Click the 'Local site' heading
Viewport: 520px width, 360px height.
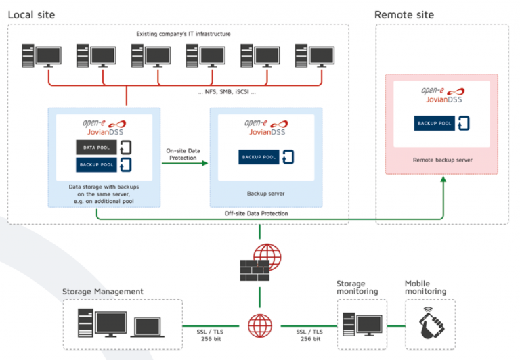click(x=31, y=14)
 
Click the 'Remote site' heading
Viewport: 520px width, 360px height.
click(x=404, y=14)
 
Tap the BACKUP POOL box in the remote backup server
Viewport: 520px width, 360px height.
click(x=435, y=123)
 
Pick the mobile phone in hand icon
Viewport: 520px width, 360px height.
click(x=430, y=323)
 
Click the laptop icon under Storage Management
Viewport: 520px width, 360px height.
click(x=150, y=326)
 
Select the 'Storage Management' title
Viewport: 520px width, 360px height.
click(x=102, y=292)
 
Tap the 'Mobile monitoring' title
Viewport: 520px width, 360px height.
click(x=425, y=288)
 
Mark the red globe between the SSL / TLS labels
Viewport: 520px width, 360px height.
click(x=259, y=325)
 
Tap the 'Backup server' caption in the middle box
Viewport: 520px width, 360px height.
click(x=266, y=193)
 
